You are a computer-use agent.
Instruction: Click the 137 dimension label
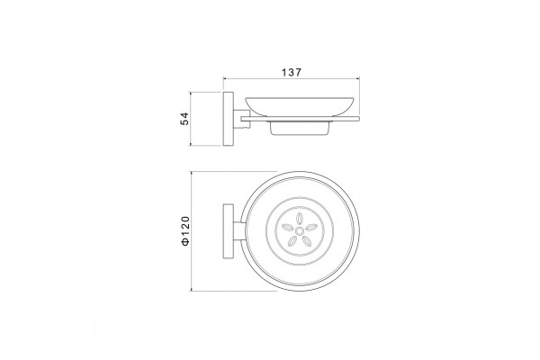tap(292, 72)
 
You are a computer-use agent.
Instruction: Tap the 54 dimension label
tap(184, 119)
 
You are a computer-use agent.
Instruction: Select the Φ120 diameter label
tap(185, 230)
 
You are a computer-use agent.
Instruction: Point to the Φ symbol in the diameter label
tap(185, 242)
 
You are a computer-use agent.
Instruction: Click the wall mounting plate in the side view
tap(229, 119)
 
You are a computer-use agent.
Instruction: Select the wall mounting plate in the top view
tap(229, 230)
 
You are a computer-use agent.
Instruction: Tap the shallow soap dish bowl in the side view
tap(300, 106)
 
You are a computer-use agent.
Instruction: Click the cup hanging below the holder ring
tap(300, 129)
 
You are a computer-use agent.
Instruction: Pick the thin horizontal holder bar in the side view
tap(301, 119)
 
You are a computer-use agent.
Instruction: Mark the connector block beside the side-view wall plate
tap(241, 119)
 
